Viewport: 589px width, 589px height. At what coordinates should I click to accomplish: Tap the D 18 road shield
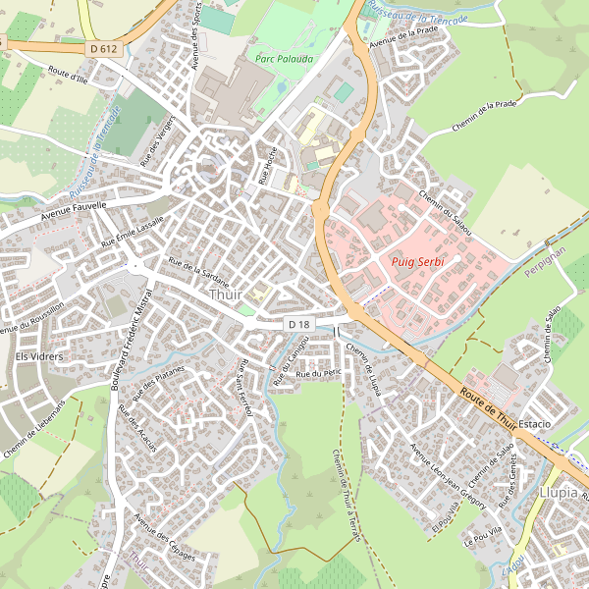click(x=299, y=324)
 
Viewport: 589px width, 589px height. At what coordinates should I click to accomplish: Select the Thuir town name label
click(x=225, y=294)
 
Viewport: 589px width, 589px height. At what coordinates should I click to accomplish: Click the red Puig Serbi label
click(x=417, y=262)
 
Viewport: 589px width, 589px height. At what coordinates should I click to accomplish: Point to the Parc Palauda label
click(x=279, y=59)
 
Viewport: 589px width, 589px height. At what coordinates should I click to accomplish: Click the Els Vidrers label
click(x=39, y=356)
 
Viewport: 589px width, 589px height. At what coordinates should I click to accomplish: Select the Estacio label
click(x=536, y=423)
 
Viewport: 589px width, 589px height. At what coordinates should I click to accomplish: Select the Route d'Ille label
click(x=69, y=76)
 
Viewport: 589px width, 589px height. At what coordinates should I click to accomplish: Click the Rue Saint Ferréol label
click(x=243, y=389)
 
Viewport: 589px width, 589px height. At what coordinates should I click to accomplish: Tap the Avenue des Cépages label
click(x=164, y=538)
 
